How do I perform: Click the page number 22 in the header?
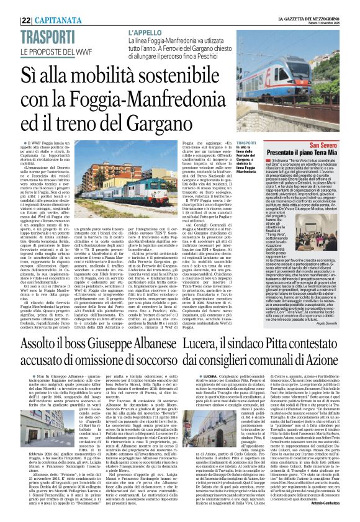tap(25, 20)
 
